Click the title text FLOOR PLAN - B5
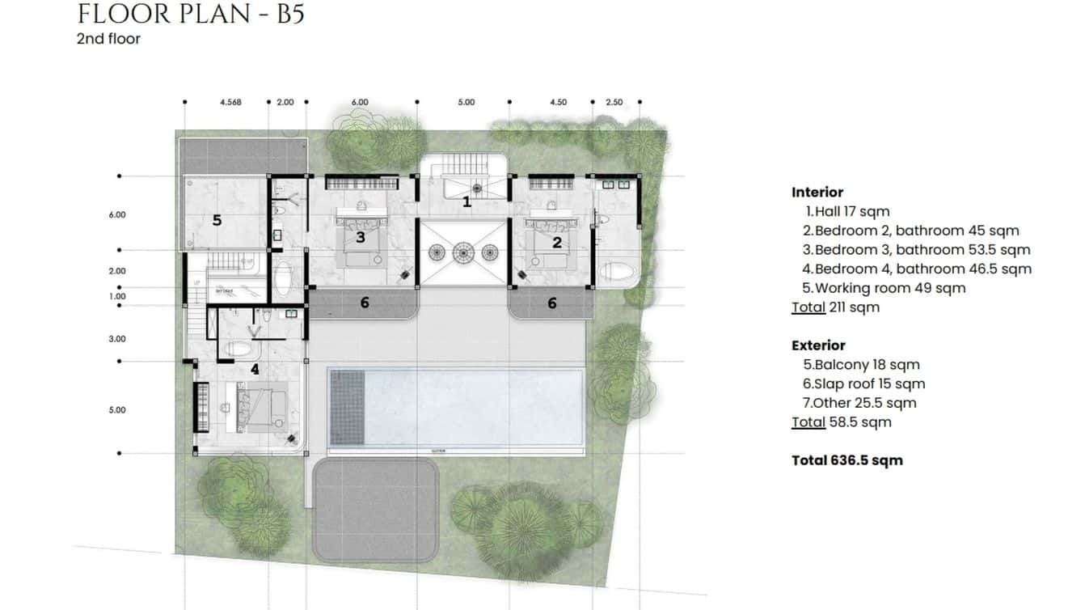pyautogui.click(x=191, y=14)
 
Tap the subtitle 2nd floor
pyautogui.click(x=108, y=39)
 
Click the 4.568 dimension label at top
pyautogui.click(x=230, y=103)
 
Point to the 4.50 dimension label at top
pyautogui.click(x=558, y=103)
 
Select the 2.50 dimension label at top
pyautogui.click(x=614, y=103)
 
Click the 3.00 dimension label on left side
pyautogui.click(x=117, y=340)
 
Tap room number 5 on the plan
pyautogui.click(x=217, y=219)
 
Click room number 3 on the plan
pyautogui.click(x=361, y=237)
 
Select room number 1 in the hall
pyautogui.click(x=467, y=202)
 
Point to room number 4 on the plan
pyautogui.click(x=255, y=370)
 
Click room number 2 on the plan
pyautogui.click(x=557, y=242)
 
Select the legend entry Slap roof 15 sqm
pyautogui.click(x=863, y=384)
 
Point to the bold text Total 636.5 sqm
pyautogui.click(x=846, y=460)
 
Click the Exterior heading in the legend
pyautogui.click(x=818, y=345)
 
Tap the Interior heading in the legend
pyautogui.click(x=817, y=193)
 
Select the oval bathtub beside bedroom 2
pyautogui.click(x=618, y=272)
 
